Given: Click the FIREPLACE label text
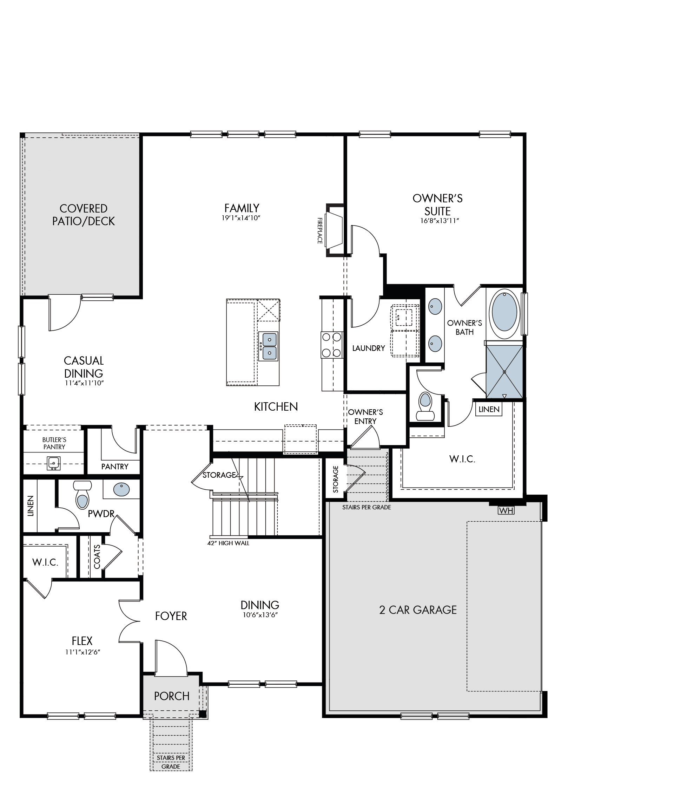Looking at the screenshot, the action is coord(319,230).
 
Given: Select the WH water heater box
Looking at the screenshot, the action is coord(506,510).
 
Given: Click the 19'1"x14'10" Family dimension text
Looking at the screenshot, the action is coord(242,218).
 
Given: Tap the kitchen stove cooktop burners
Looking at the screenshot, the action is coord(332,345).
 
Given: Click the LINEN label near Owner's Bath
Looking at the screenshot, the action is coord(489,409).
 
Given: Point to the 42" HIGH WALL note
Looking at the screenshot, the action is coord(229,543).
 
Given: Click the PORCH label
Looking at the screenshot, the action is coord(172,696).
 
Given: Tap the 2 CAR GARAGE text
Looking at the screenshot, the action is coord(418,610).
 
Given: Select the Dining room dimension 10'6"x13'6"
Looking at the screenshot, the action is coord(260,615).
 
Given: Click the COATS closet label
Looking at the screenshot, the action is coord(97,557).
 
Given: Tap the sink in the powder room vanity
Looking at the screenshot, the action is coord(121,489).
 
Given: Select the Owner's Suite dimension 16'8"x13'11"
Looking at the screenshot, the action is coord(440,221).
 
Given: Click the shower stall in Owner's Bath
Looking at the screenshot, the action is coord(504,371).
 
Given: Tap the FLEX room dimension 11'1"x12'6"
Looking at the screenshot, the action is coord(82,652).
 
